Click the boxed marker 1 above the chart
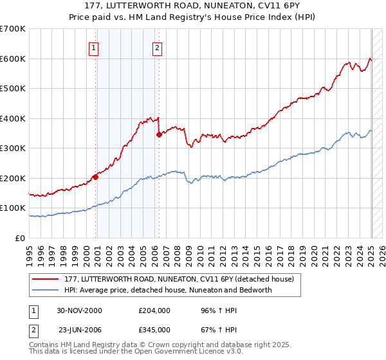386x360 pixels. pyautogui.click(x=94, y=47)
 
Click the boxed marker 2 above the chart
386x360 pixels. pyautogui.click(x=157, y=47)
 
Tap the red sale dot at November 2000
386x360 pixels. pyautogui.click(x=95, y=176)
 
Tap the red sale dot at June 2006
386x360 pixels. pyautogui.click(x=159, y=134)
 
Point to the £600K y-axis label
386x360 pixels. pyautogui.click(x=13, y=59)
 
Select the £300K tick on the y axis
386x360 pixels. pyautogui.click(x=13, y=148)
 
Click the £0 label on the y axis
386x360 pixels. pyautogui.click(x=19, y=238)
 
